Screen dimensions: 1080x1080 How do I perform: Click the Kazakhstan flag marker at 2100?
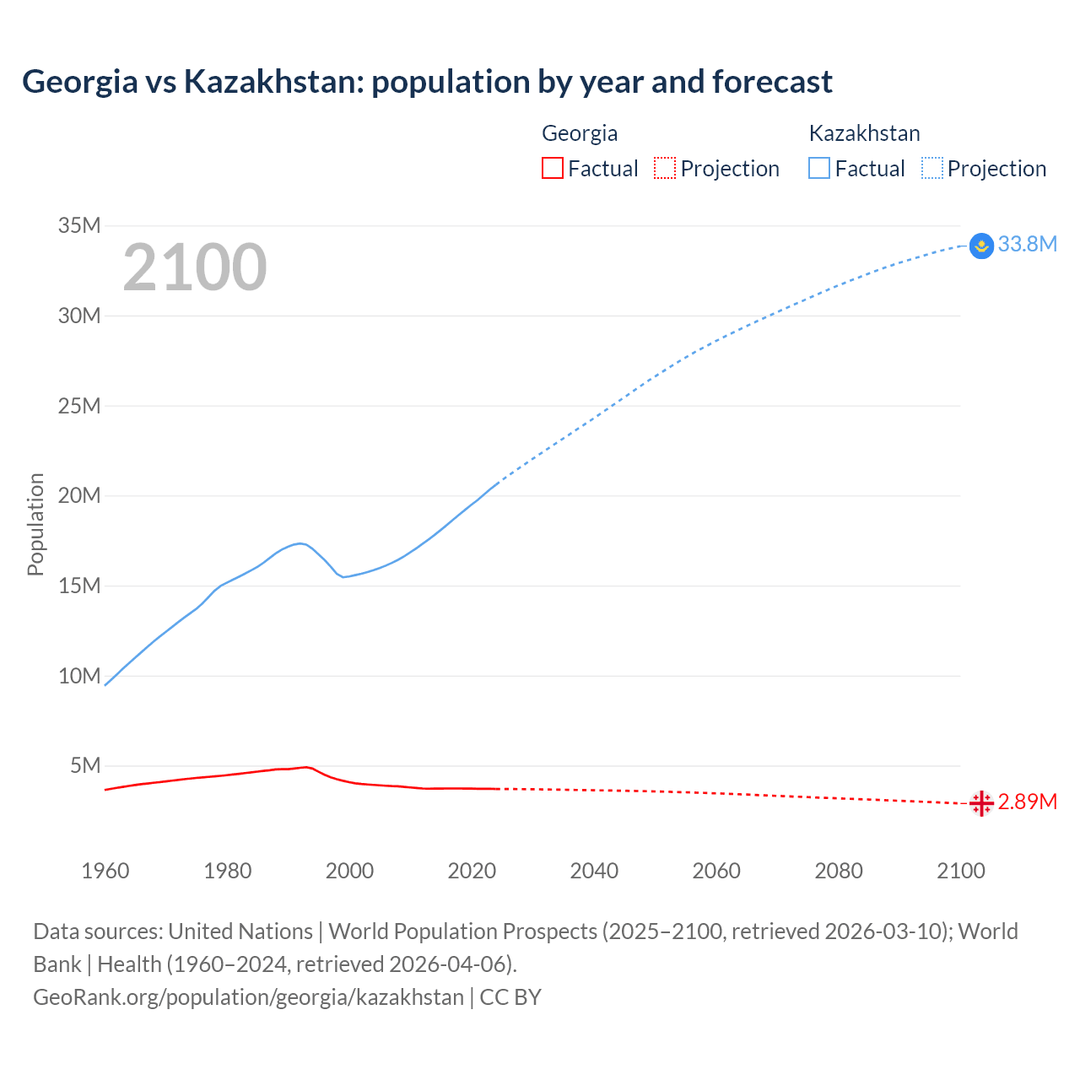(981, 246)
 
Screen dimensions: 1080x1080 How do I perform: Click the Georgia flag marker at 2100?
(981, 803)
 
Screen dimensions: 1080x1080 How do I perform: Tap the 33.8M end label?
(1027, 244)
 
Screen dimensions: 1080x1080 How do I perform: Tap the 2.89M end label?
(1027, 802)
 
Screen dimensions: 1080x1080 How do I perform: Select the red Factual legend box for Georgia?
(552, 168)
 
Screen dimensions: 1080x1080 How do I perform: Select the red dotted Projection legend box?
(665, 168)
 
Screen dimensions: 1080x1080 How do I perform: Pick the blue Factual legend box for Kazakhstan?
(818, 168)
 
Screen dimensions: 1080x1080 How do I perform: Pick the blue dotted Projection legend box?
(932, 168)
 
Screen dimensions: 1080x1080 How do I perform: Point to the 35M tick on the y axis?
(79, 225)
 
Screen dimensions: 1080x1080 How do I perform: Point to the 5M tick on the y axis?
(85, 765)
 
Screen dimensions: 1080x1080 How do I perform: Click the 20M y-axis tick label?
(79, 495)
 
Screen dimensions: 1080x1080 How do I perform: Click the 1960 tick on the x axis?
(105, 871)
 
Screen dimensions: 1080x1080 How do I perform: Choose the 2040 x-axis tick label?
(594, 871)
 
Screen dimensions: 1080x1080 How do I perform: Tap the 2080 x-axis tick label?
(839, 871)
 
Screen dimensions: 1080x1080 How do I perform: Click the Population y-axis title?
(35, 524)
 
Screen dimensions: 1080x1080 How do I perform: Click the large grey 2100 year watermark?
(195, 267)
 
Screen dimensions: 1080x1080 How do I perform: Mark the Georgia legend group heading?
(580, 133)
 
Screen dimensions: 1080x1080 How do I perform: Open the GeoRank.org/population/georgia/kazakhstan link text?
(248, 996)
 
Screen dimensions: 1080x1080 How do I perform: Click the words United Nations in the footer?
(240, 931)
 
